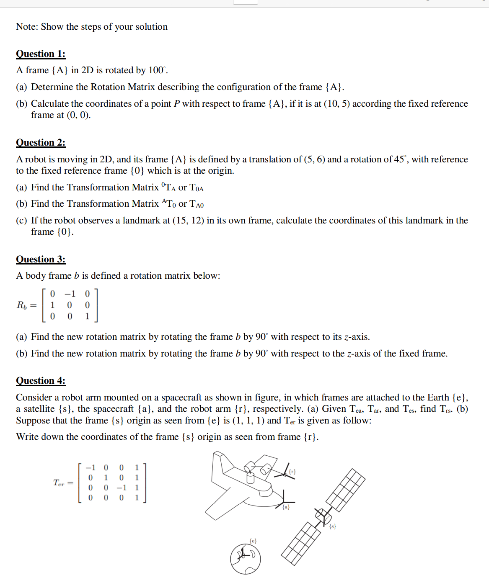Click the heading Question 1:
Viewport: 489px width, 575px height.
pos(41,54)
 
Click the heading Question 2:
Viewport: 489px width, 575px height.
pos(41,143)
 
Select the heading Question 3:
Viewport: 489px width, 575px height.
pos(41,259)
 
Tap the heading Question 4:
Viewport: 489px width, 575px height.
pos(41,381)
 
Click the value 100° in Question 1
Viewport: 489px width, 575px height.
pos(157,70)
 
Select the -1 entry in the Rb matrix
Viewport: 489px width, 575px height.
pos(70,294)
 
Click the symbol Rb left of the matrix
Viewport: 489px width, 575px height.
pos(22,305)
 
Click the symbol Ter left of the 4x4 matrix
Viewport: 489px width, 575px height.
pos(59,483)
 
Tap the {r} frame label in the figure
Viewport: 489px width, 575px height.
pos(292,472)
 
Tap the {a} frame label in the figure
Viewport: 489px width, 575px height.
pos(286,507)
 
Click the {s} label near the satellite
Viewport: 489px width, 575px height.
pos(332,526)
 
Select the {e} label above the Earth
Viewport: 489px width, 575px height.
pos(253,541)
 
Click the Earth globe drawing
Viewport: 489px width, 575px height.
pos(245,559)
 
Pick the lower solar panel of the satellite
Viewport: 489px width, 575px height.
pos(301,544)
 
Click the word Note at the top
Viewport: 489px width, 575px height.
pos(26,27)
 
